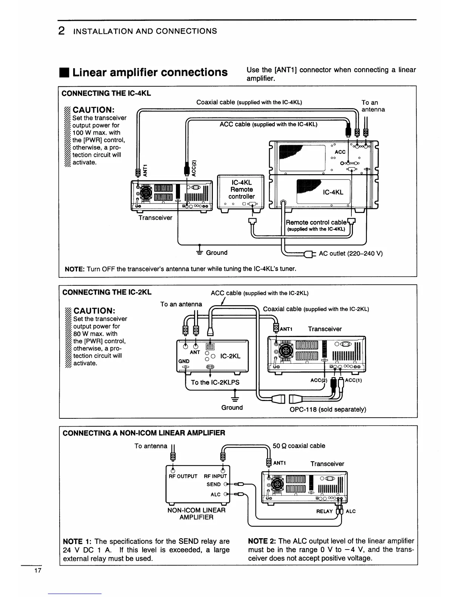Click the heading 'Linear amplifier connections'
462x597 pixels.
pos(150,72)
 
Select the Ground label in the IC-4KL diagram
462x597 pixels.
pos(216,253)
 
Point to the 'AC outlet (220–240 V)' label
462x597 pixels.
pos(351,253)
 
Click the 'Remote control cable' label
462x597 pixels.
pos(316,222)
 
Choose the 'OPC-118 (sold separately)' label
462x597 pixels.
pos(328,409)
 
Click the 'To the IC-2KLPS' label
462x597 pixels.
pos(215,382)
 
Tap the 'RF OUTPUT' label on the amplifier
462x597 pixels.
pos(183,476)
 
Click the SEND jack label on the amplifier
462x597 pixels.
pos(214,484)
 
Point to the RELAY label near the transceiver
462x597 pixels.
pos(324,511)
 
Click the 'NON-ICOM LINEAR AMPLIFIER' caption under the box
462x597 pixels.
pos(196,514)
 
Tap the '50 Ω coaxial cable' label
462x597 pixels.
pos(299,446)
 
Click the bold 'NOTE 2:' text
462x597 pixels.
pos(262,541)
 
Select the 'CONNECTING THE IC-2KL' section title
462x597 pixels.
pos(107,292)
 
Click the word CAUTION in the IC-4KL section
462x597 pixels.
pos(93,110)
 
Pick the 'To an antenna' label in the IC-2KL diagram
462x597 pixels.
pos(181,304)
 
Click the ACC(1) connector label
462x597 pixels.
pos(354,380)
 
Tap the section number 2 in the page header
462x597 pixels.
pos(61,31)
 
